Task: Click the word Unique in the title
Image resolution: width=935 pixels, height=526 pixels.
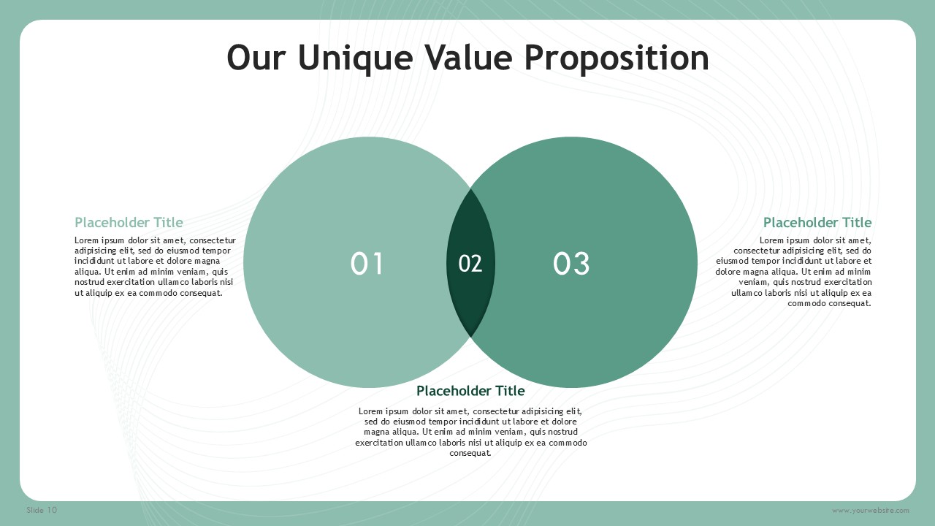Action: pyautogui.click(x=356, y=58)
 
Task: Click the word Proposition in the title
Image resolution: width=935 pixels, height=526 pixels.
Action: pyautogui.click(x=617, y=58)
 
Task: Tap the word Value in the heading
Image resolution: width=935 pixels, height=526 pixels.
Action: pyautogui.click(x=469, y=58)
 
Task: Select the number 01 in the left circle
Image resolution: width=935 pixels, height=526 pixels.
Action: pyautogui.click(x=367, y=264)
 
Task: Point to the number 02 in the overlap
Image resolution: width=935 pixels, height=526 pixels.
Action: pyautogui.click(x=470, y=264)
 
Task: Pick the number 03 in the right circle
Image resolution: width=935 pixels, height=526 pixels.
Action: pyautogui.click(x=571, y=264)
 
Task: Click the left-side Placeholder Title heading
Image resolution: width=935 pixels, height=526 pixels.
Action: pyautogui.click(x=129, y=222)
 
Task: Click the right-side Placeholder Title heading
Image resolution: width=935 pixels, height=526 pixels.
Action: pyautogui.click(x=817, y=222)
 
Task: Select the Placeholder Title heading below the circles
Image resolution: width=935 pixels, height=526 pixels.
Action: pyautogui.click(x=470, y=391)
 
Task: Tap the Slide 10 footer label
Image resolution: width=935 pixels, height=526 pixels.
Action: pyautogui.click(x=42, y=510)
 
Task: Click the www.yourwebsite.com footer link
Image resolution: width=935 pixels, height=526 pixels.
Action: pyautogui.click(x=870, y=511)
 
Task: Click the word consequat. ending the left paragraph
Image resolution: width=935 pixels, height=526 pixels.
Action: pyautogui.click(x=201, y=293)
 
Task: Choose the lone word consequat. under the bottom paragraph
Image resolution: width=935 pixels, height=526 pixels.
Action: pyautogui.click(x=470, y=453)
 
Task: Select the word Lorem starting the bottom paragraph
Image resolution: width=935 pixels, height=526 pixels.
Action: pyautogui.click(x=370, y=411)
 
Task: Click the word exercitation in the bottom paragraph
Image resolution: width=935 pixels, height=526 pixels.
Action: pyautogui.click(x=379, y=443)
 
